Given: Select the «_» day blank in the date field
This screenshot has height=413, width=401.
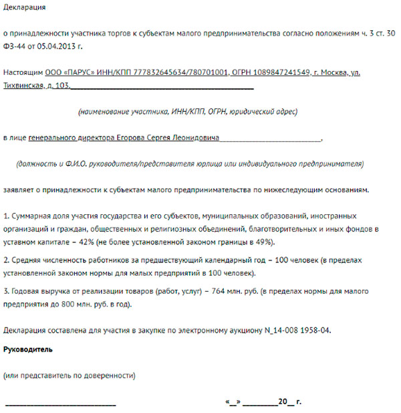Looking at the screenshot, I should point(233,402).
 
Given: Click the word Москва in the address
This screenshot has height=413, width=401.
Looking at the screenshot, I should point(333,72).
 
